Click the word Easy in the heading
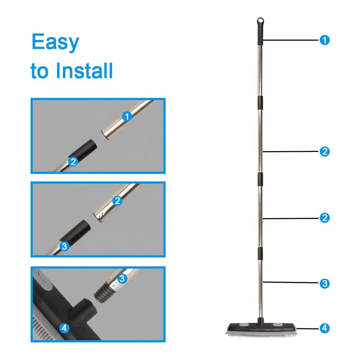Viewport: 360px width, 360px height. pyautogui.click(x=55, y=42)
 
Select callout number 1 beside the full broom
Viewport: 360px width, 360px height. pyautogui.click(x=324, y=40)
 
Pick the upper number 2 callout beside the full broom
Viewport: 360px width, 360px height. pyautogui.click(x=324, y=152)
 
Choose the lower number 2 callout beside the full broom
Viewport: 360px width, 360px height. pyautogui.click(x=324, y=218)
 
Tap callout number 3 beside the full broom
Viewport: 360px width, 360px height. pyautogui.click(x=324, y=283)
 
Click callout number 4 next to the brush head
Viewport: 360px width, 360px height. pyautogui.click(x=324, y=328)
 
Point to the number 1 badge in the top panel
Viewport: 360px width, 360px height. pyautogui.click(x=127, y=116)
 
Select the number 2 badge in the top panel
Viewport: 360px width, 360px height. pyautogui.click(x=73, y=162)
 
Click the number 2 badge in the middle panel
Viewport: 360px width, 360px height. pyautogui.click(x=117, y=201)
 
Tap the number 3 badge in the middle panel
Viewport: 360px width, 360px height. pyautogui.click(x=64, y=246)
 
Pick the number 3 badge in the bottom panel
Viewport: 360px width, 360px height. pyautogui.click(x=122, y=279)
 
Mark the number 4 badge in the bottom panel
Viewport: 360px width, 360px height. pyautogui.click(x=64, y=328)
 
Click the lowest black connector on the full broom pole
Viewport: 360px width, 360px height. pyautogui.click(x=260, y=253)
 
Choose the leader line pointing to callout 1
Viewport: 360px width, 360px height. pyautogui.click(x=291, y=40)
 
